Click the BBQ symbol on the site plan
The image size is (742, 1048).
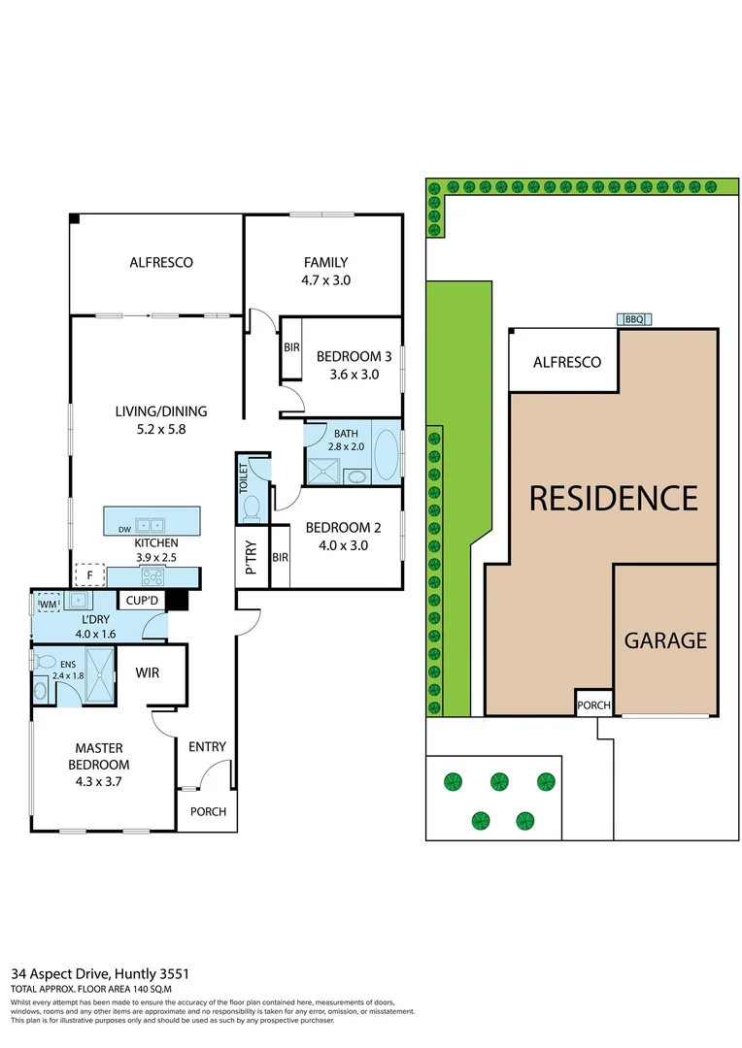634,319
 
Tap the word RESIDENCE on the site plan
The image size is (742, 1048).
613,498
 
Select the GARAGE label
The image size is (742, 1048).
665,640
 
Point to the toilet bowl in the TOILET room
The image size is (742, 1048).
252,508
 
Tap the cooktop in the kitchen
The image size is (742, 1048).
152,575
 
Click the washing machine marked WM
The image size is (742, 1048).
47,606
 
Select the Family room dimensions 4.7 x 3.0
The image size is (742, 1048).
325,280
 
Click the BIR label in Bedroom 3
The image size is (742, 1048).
290,346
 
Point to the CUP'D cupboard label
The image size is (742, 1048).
142,602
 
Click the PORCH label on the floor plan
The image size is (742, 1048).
207,811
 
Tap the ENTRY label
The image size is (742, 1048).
207,746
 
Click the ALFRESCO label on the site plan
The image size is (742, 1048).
566,362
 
